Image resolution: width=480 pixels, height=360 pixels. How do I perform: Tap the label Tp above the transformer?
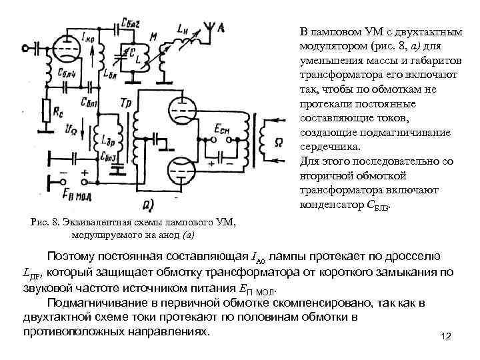tap(126, 101)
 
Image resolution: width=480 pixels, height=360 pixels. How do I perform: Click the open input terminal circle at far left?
tap(24, 47)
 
